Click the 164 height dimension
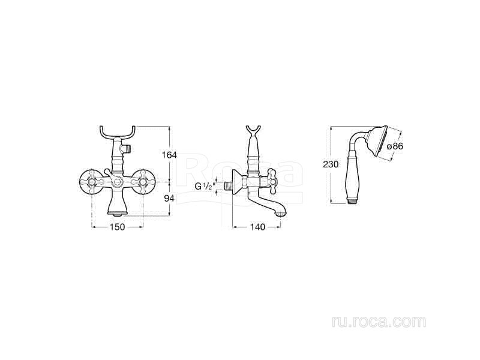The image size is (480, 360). click(169, 155)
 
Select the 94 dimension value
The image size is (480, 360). click(169, 199)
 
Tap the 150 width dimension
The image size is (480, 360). click(118, 227)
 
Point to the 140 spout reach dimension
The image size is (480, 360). click(257, 227)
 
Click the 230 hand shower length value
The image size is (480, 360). click(331, 164)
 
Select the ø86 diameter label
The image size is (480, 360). click(395, 146)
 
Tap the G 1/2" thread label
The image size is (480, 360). click(204, 186)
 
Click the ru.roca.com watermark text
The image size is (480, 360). click(379, 322)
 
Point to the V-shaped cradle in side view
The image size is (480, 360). click(253, 131)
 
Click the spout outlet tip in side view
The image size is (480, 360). click(280, 214)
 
